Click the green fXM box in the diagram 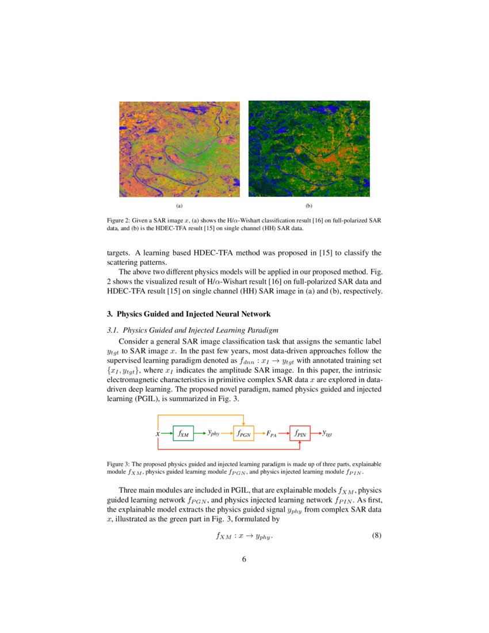(183, 433)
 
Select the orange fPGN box (243, 433)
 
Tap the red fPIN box (300, 433)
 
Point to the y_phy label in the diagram (213, 433)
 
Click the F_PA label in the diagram (272, 434)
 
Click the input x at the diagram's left (158, 433)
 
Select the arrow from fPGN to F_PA (259, 433)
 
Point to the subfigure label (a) (179, 205)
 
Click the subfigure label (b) (309, 205)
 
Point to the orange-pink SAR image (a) (179, 149)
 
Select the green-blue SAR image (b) (309, 149)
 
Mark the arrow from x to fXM (166, 433)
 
